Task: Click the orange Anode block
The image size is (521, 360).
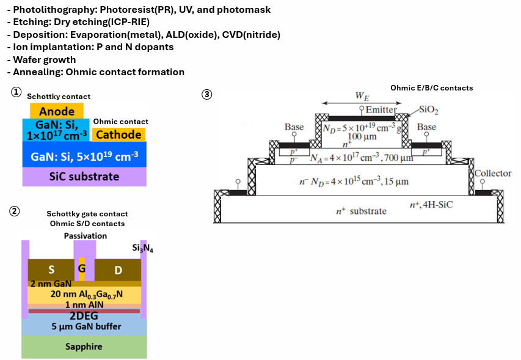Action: tap(56, 111)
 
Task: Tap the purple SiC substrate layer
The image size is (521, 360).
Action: tap(84, 177)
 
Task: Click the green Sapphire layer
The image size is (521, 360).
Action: tap(84, 347)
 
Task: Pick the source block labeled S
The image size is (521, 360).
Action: tap(51, 270)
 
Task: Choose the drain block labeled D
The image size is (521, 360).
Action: tap(117, 270)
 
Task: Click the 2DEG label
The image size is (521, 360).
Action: tap(84, 317)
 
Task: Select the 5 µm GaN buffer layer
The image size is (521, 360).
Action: tap(84, 326)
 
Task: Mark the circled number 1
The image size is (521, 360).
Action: tap(16, 92)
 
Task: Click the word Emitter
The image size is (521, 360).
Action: tap(381, 109)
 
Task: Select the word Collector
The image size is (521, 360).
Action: tap(493, 174)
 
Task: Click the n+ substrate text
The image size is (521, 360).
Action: tap(361, 211)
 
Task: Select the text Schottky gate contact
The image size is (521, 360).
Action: tap(87, 214)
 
